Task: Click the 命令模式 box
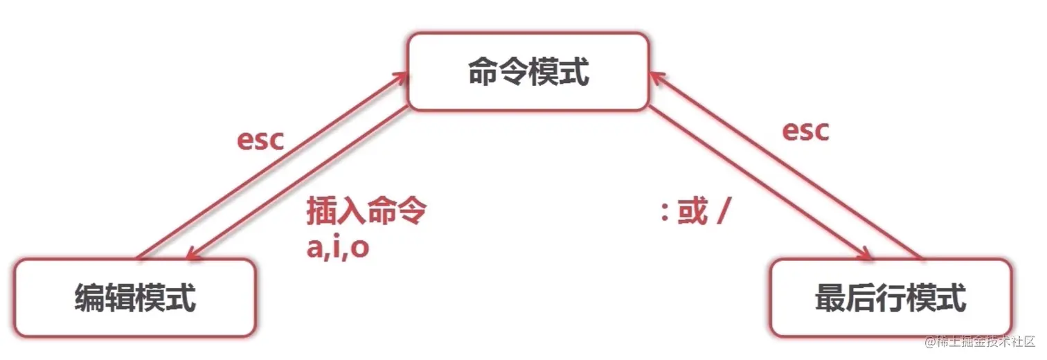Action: pos(528,72)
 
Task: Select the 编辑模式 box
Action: pos(135,298)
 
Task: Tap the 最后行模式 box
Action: pos(891,298)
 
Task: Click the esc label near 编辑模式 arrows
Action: pos(260,139)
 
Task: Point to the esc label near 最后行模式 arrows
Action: pos(805,130)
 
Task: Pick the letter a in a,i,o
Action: pos(315,248)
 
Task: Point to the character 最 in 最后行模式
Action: pos(830,298)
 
